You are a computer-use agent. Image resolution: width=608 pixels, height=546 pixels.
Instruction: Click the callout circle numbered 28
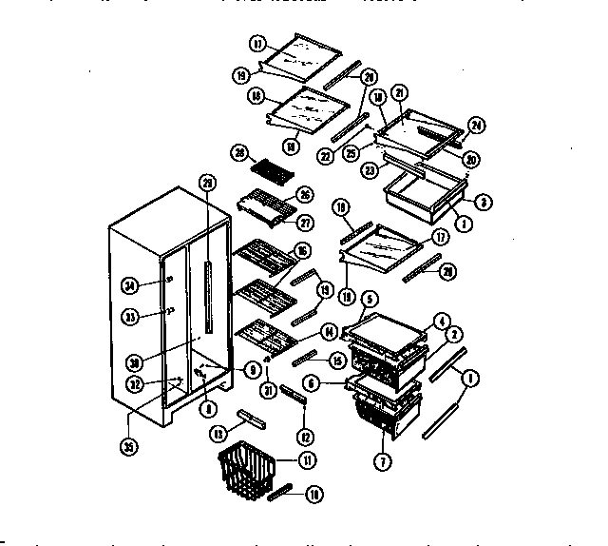(x=240, y=153)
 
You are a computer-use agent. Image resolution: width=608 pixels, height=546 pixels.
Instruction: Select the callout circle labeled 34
(x=131, y=283)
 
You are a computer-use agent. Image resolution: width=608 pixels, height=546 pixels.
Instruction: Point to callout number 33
(x=131, y=317)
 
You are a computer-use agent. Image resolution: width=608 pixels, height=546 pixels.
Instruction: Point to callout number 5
(x=369, y=298)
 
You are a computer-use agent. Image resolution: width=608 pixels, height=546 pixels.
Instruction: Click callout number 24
(x=475, y=125)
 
